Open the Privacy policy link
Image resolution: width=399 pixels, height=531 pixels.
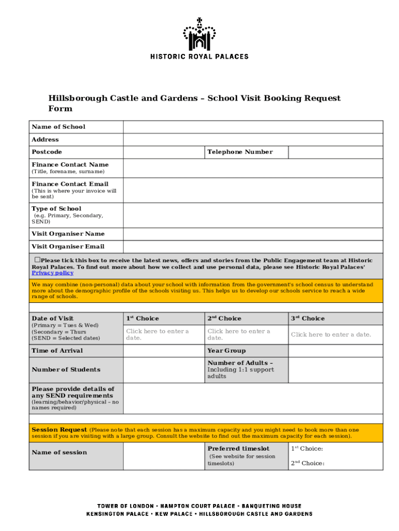(x=52, y=273)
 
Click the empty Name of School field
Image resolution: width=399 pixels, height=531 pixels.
(x=252, y=127)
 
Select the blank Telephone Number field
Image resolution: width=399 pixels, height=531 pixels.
(x=335, y=152)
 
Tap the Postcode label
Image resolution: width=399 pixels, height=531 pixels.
(x=47, y=152)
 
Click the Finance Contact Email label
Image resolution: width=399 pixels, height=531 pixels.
(x=70, y=184)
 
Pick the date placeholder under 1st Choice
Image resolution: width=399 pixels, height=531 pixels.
(x=158, y=334)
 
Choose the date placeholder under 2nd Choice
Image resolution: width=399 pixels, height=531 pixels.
(x=239, y=334)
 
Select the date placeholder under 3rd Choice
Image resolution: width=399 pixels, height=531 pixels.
(x=331, y=334)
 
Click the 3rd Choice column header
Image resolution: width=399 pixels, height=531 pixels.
(x=307, y=318)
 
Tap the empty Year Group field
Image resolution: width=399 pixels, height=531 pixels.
(x=335, y=351)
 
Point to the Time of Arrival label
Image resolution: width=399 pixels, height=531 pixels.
(x=57, y=351)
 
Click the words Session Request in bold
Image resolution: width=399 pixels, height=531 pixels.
(x=59, y=430)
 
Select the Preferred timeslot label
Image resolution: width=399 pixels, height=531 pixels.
(x=238, y=449)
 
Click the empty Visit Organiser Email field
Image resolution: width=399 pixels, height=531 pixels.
(x=252, y=247)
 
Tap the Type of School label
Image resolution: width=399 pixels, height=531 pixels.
(x=56, y=208)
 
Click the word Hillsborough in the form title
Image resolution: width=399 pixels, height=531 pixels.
(x=76, y=98)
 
